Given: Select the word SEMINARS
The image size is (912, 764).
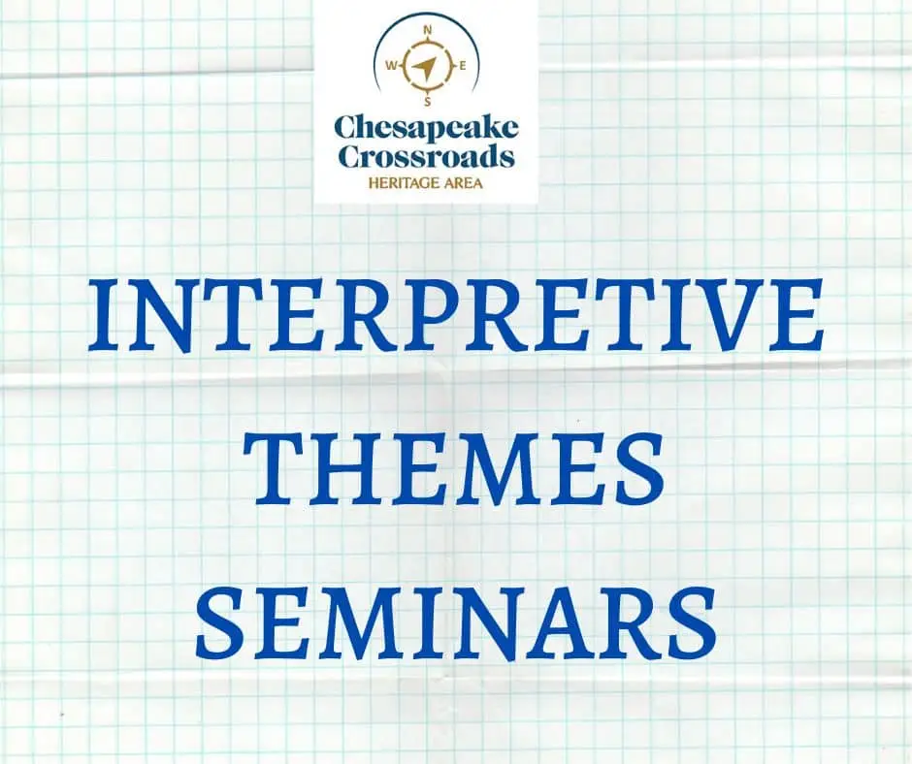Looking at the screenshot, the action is [456, 621].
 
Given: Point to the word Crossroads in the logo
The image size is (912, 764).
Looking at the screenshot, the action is [426, 157].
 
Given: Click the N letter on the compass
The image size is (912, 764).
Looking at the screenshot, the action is [428, 30].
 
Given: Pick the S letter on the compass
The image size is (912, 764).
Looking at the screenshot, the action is [428, 103].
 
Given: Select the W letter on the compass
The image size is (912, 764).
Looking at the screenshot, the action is [391, 66].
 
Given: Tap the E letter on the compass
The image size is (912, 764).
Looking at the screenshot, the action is [463, 66].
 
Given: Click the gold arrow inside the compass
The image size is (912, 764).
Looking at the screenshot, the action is [426, 68].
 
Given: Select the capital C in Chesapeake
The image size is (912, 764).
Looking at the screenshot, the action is [346, 126].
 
